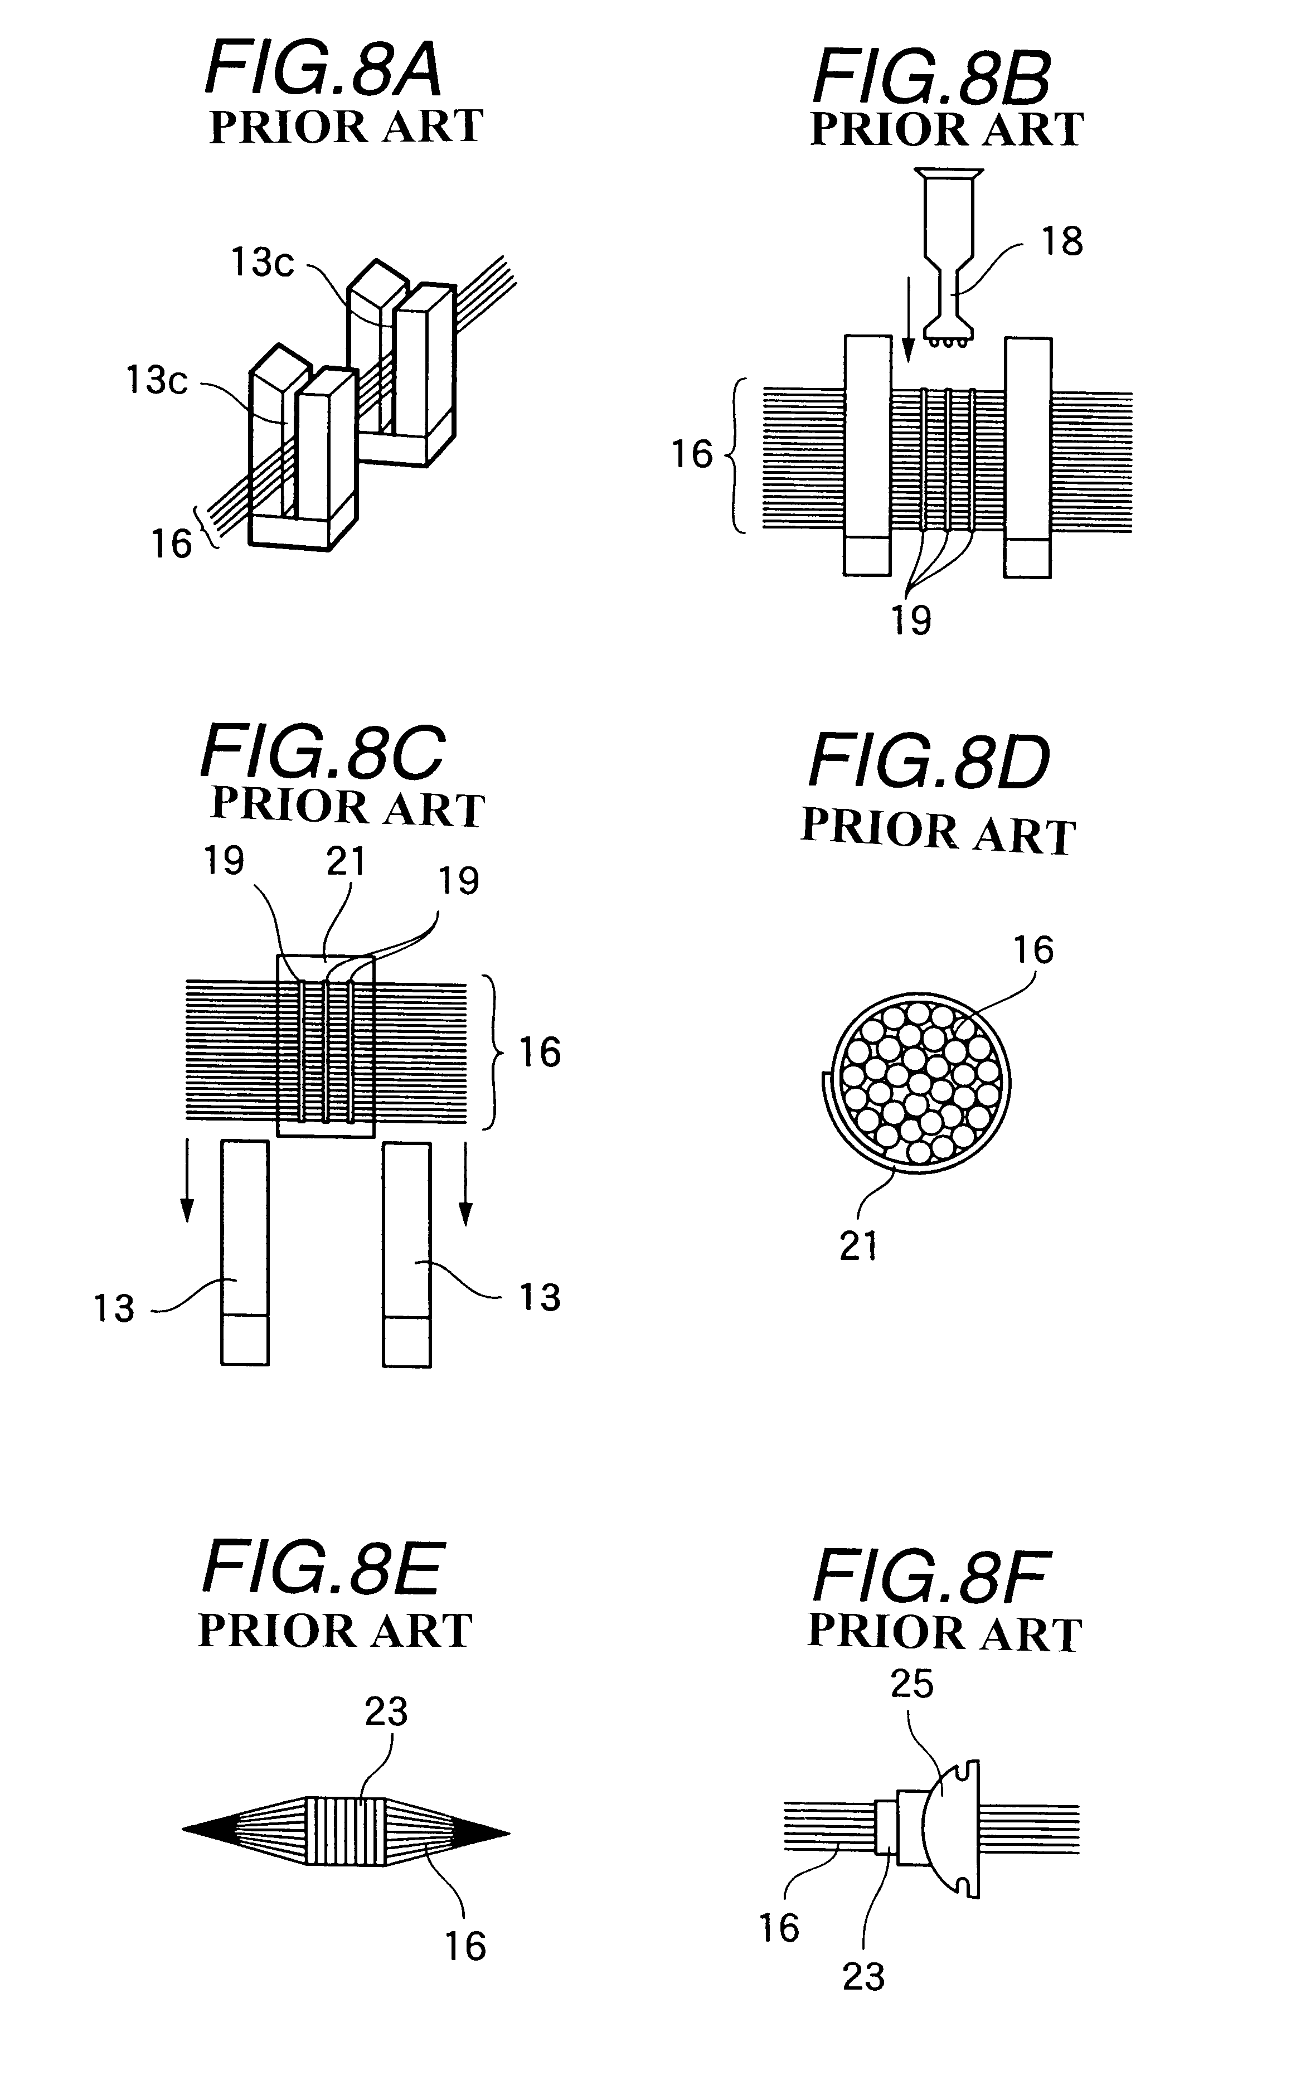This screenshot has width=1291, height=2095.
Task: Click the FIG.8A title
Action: click(x=324, y=69)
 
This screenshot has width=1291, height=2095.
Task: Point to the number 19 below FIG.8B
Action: click(x=911, y=620)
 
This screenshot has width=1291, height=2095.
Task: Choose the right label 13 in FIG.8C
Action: click(x=540, y=1298)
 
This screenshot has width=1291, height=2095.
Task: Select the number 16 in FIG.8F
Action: click(x=779, y=1928)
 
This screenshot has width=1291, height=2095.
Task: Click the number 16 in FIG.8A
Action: click(x=172, y=544)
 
